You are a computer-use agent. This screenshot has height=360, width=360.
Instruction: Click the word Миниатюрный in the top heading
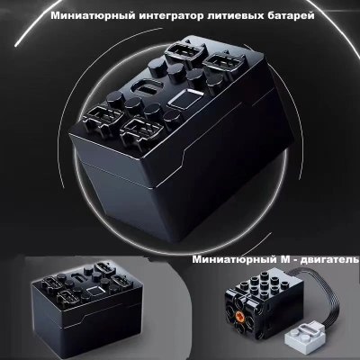[93, 15]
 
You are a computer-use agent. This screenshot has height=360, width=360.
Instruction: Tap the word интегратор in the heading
[171, 15]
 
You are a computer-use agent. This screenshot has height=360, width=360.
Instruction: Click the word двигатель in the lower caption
[330, 260]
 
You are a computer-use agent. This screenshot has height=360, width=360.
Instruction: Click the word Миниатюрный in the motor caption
[232, 259]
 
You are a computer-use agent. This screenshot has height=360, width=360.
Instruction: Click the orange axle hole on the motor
[239, 315]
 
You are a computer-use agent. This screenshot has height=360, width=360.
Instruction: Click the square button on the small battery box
[94, 290]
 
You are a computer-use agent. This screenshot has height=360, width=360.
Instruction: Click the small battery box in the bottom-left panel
[86, 309]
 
